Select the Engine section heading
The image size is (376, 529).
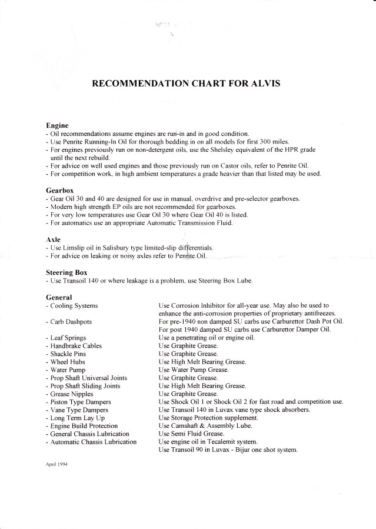[x=57, y=125]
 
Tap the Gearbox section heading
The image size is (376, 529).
[x=60, y=191]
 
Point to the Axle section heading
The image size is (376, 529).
[x=54, y=239]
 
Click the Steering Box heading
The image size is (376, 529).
[x=66, y=272]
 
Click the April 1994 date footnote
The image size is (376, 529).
[x=56, y=463]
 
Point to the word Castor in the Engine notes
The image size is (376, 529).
[x=227, y=166]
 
